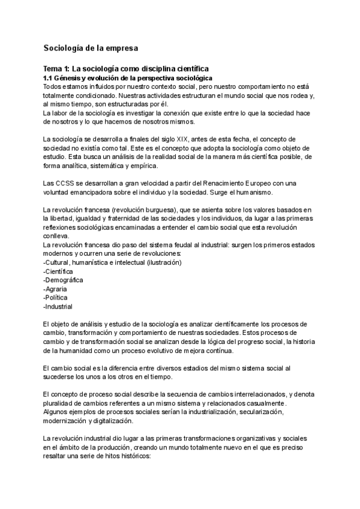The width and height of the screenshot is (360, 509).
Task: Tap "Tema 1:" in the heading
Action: pyautogui.click(x=59, y=69)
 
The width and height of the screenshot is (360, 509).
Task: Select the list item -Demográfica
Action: pyautogui.click(x=64, y=280)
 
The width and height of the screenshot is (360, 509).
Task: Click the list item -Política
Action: pyautogui.click(x=56, y=297)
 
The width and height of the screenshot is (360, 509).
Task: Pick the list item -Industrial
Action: pyautogui.click(x=58, y=306)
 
